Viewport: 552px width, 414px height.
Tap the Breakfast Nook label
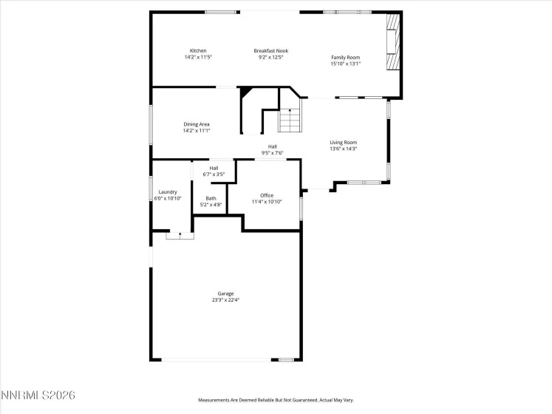point(270,50)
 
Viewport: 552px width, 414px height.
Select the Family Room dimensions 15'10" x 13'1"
point(346,64)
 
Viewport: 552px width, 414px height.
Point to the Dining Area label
point(197,124)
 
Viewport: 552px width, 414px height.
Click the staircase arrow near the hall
point(290,111)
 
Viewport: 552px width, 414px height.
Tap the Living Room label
point(343,142)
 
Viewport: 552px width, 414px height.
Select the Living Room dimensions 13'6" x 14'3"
point(343,149)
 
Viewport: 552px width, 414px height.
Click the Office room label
point(266,195)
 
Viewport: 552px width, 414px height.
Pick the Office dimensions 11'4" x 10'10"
point(266,201)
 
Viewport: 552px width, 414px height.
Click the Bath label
point(211,198)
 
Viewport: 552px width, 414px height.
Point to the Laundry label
point(167,191)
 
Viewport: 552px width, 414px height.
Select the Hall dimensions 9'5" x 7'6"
point(272,153)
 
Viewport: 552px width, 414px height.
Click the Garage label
point(225,293)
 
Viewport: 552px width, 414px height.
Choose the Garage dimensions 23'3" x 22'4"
point(225,299)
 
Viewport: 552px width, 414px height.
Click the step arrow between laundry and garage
point(180,234)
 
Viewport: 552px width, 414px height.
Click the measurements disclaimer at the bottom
point(275,400)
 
